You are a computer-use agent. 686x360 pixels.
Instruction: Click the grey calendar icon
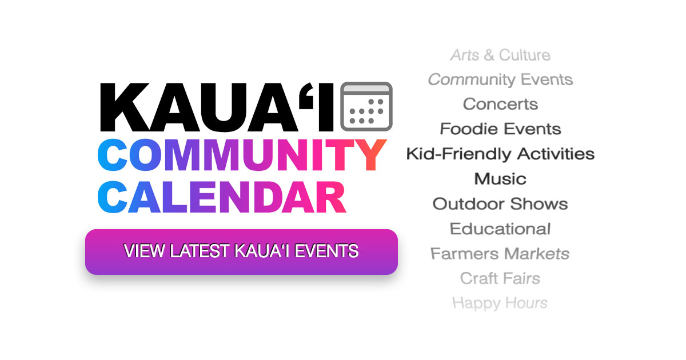point(366,106)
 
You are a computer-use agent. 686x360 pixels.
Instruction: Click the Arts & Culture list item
point(500,55)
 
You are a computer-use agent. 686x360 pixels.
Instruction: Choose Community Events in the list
point(500,80)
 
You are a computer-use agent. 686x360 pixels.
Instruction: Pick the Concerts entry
point(500,105)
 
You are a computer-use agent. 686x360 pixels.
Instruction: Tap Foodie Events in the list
point(500,129)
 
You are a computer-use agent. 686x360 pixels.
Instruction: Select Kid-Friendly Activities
point(500,154)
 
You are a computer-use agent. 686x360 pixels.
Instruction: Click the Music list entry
point(500,179)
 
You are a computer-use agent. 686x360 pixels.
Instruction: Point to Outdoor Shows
point(500,204)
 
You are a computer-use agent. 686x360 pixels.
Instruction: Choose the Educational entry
point(500,229)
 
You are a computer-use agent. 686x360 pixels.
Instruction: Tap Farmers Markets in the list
point(500,254)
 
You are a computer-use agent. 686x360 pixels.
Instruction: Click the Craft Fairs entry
point(500,279)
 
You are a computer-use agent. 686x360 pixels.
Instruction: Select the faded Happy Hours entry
point(500,303)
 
